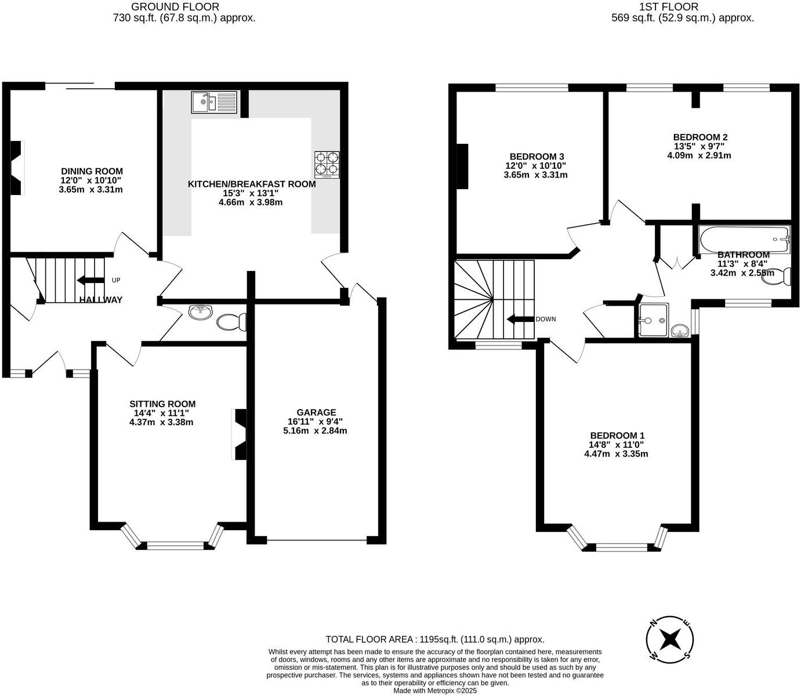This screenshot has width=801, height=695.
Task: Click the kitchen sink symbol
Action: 214,102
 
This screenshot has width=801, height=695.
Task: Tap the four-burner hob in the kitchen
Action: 327,164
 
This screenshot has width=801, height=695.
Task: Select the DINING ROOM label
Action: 92,171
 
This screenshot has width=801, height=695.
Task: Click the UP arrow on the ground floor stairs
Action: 90,280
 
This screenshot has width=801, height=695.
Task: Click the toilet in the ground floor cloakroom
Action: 232,321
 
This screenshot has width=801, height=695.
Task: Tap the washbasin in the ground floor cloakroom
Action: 200,312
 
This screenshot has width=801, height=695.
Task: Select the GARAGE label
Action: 317,412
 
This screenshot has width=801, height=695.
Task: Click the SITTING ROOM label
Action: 162,404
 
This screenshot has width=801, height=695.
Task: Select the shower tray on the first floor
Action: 653,320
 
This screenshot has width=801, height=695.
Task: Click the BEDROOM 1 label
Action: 617,436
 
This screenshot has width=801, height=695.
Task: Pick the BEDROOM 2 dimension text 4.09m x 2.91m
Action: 699,155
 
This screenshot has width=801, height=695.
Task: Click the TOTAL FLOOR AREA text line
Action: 435,639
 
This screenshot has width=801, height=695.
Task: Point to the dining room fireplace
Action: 17,168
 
